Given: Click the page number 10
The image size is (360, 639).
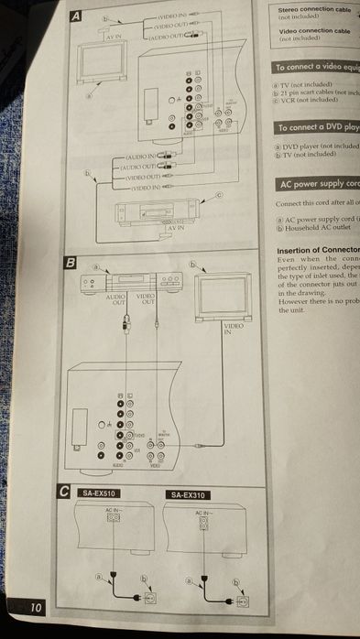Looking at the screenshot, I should point(34,607).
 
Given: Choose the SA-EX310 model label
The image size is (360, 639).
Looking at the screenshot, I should point(189,495).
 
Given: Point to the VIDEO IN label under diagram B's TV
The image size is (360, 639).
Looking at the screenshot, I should point(235,330).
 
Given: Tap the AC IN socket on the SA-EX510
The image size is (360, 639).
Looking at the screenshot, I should point(113,517).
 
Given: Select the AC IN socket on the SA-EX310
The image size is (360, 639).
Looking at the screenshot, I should point(204,519).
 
